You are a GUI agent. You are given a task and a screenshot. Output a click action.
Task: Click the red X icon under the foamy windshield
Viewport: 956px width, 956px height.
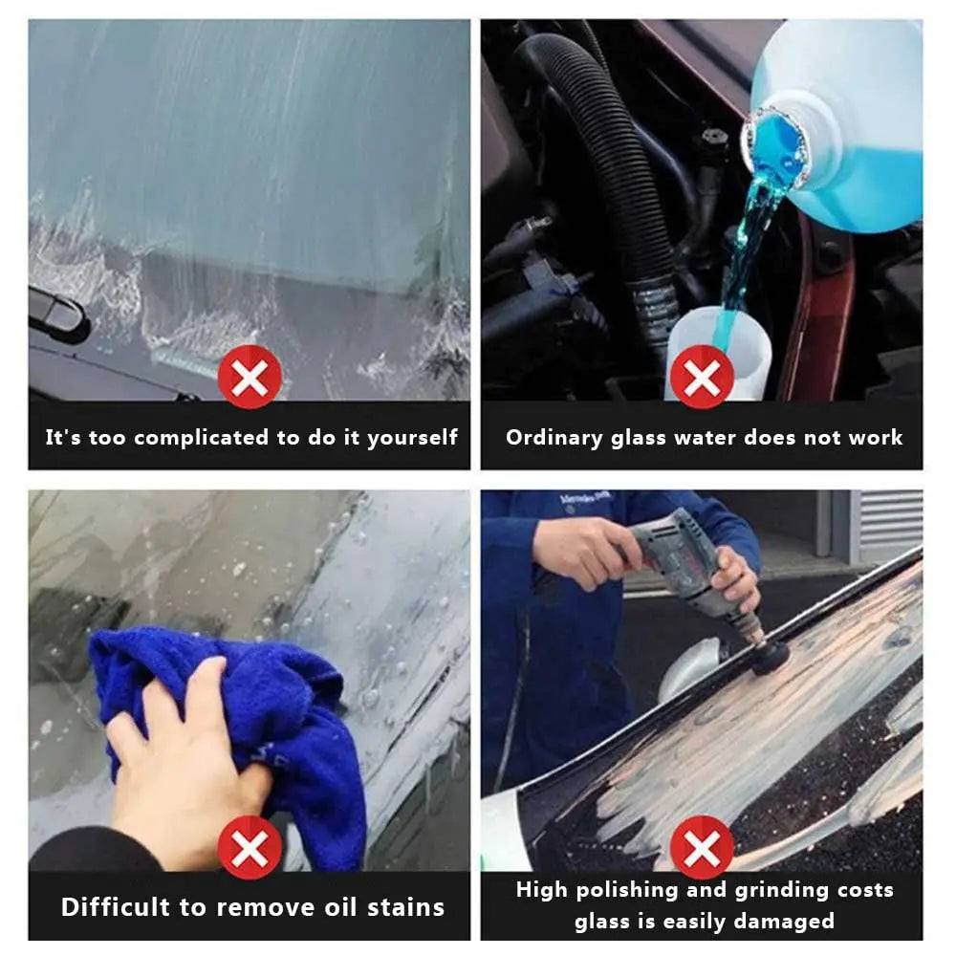point(250,377)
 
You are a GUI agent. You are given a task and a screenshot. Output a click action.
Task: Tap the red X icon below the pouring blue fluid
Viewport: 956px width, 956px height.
point(702,377)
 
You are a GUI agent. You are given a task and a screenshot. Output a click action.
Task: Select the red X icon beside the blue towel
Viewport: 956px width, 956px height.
point(250,847)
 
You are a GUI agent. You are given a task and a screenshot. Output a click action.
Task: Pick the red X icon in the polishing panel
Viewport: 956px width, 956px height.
point(702,847)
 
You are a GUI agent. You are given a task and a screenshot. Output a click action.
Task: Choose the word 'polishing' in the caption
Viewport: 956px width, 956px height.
point(625,890)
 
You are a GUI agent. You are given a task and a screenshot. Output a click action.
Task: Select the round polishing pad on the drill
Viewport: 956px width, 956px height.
point(771,658)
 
